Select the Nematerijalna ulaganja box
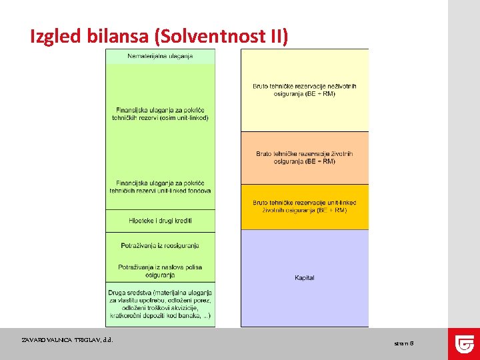tap(160, 56)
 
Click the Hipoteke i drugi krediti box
tap(160, 221)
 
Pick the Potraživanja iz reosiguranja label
tap(160, 245)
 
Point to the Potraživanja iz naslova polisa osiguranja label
tap(160, 271)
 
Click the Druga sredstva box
tap(160, 304)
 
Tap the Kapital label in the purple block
tap(305, 277)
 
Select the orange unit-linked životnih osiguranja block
tap(305, 207)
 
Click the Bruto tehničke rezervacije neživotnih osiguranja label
tap(305, 90)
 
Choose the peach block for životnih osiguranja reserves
tap(305, 157)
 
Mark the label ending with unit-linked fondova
tap(160, 187)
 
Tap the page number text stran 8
tap(404, 343)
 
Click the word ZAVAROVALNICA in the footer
tap(49, 340)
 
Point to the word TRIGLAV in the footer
tap(89, 340)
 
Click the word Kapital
tap(305, 277)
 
